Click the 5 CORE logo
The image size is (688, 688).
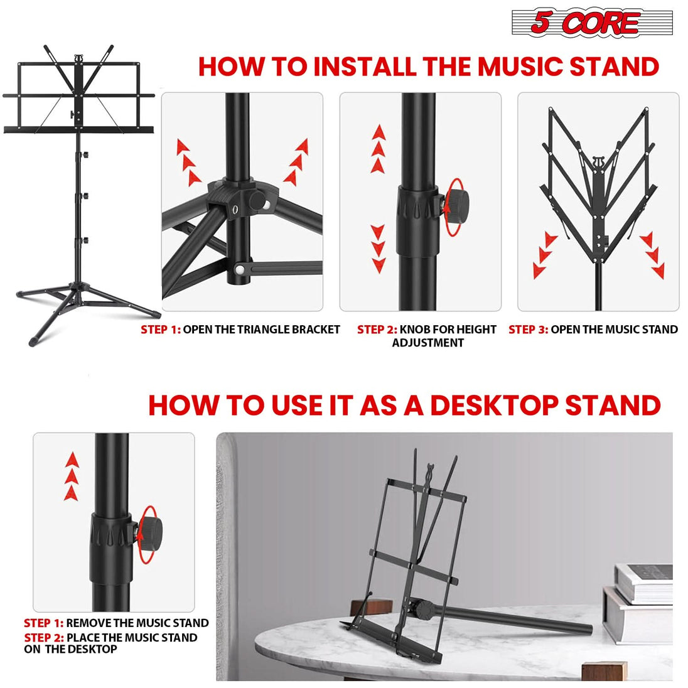591,23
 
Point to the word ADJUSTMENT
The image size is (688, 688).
427,343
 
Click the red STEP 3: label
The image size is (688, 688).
528,330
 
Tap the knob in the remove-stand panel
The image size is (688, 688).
149,534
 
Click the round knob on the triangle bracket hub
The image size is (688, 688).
257,199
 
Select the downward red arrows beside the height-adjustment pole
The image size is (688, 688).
378,249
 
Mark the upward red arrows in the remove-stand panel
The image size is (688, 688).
73,476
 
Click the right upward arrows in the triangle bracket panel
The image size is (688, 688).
298,161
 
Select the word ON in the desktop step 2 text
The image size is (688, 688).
32,649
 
